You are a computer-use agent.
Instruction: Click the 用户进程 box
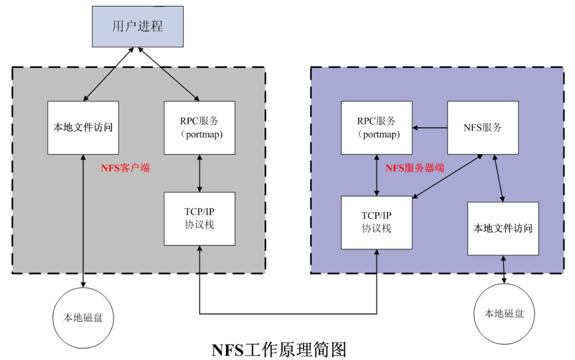(137, 26)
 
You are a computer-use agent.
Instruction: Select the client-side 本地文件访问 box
(83, 127)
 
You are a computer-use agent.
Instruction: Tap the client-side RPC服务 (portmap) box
(200, 127)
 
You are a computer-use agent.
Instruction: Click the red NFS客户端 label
(125, 169)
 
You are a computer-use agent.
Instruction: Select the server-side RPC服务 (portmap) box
(377, 127)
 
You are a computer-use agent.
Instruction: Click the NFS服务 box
(483, 127)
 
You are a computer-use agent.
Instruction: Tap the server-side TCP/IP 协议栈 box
(377, 222)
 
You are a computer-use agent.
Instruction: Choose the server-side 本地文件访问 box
(503, 228)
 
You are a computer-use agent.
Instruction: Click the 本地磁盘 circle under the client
(83, 317)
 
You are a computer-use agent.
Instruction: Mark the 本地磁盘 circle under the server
(504, 313)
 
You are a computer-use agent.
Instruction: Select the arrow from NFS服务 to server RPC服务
(430, 127)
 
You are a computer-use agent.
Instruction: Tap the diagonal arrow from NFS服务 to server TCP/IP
(448, 175)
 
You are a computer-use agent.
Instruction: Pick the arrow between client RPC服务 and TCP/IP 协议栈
(200, 173)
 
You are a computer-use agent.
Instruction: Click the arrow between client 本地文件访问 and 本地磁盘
(84, 221)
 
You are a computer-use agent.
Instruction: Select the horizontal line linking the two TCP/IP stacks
(288, 314)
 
